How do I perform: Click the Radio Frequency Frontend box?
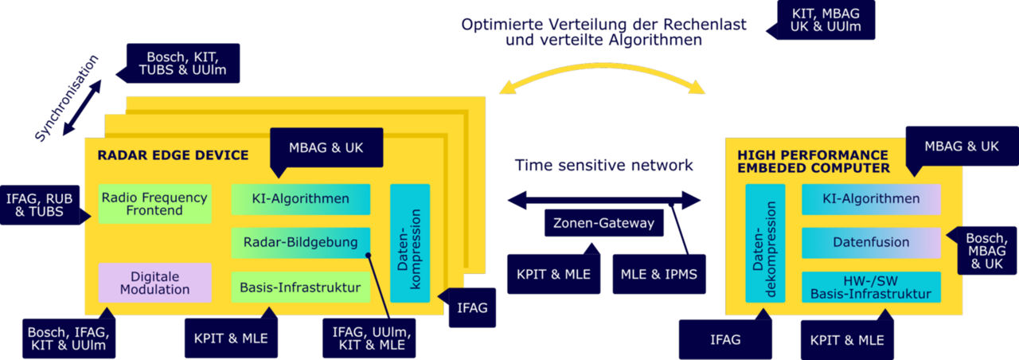pos(155,205)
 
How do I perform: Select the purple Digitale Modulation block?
pos(154,283)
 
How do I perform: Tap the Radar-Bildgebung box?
pos(300,242)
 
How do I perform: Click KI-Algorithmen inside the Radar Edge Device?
pos(300,198)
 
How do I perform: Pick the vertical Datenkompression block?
pos(410,243)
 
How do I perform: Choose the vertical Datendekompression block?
pos(765,243)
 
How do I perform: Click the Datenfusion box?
pos(870,242)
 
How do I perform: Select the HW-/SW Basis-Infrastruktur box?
pos(870,287)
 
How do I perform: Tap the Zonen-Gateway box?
pos(604,223)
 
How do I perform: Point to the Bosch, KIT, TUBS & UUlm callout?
pos(183,64)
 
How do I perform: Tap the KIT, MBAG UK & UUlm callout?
pos(826,20)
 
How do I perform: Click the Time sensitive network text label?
pos(603,166)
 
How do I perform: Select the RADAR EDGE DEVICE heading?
pos(173,155)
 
